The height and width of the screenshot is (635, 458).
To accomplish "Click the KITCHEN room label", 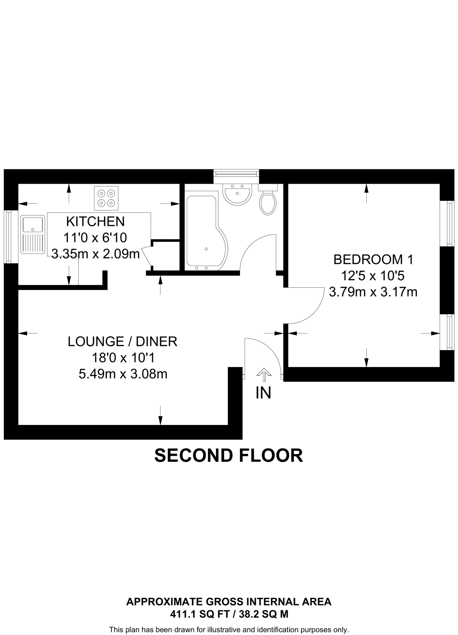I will pos(95,221).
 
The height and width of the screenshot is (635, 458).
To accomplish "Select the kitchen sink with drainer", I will pos(33,235).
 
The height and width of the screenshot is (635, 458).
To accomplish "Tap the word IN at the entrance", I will pos(263,393).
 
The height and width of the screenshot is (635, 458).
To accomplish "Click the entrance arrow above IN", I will pos(264,374).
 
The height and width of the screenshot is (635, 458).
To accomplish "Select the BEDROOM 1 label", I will pos(373,260).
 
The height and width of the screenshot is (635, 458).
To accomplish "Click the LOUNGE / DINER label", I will pos(123,341).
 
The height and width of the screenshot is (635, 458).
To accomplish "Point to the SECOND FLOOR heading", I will pos(229,455).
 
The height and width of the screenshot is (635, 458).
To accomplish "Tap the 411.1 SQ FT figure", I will pos(200,614).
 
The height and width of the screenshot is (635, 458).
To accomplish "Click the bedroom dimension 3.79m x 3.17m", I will pos(373,292).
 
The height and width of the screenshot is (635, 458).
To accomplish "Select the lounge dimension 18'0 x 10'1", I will pos(123,358).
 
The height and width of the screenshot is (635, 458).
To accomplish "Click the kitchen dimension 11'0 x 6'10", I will pos(95,238).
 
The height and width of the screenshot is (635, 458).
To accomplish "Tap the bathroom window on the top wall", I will pos(237,174).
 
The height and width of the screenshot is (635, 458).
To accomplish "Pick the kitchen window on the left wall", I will pos(8,237).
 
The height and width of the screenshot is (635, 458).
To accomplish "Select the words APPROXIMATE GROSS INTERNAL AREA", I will pos(229,602).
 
